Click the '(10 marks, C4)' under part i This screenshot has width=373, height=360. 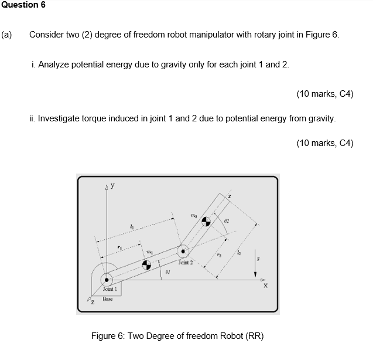[325, 94]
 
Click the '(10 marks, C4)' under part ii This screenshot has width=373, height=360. [325, 143]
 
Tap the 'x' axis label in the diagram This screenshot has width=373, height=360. [265, 286]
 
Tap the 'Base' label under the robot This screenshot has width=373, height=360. [108, 299]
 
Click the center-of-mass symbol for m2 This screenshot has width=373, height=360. [206, 222]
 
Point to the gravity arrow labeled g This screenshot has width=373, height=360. [255, 267]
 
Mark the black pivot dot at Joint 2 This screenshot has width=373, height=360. [184, 252]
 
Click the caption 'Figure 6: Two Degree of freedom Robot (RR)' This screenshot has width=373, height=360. [177, 336]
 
